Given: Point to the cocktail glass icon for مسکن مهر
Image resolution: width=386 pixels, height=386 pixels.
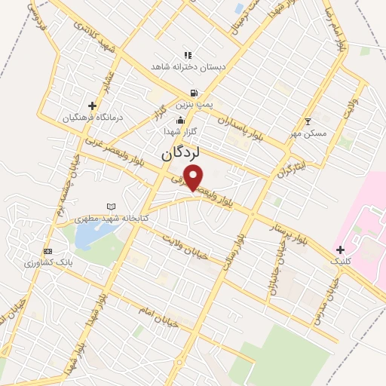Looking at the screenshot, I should click(x=308, y=121).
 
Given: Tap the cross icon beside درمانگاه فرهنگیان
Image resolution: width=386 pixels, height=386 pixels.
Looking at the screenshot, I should click(x=92, y=106).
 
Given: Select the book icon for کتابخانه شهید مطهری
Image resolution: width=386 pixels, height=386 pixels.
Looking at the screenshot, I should click(x=112, y=207).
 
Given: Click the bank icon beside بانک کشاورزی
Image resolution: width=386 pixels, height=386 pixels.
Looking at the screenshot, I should click(x=48, y=251).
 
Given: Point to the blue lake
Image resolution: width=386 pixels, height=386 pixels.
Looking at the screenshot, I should click(x=89, y=237).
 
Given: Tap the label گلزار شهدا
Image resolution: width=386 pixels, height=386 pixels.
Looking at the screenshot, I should click(x=181, y=131).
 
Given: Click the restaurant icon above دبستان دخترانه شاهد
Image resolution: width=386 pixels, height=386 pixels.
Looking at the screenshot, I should click(x=188, y=55).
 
